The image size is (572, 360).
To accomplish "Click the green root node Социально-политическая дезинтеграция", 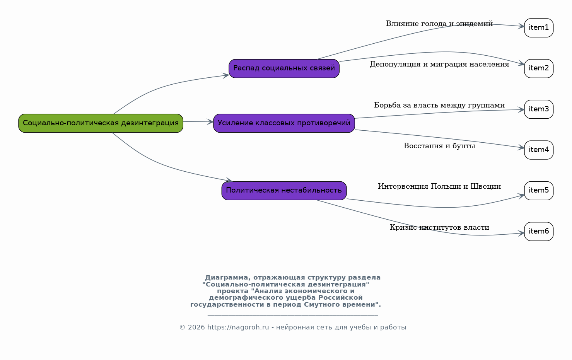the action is [101, 123].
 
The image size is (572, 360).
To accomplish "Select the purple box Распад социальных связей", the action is [284, 68].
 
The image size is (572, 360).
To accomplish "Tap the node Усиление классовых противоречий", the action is [284, 123].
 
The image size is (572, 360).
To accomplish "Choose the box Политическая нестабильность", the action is [284, 191].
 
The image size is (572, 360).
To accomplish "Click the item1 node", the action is [539, 27].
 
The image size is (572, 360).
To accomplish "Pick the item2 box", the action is [539, 68].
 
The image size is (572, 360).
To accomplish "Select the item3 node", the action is [539, 109].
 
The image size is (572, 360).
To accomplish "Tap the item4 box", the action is [539, 150].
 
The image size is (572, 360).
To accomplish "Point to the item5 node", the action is [539, 191].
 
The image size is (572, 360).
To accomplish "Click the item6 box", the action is [539, 231].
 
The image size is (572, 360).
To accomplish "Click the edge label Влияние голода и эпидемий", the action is [439, 24].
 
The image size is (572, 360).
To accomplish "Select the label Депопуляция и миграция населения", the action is [439, 64].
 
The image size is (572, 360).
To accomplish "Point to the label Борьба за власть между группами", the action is [439, 105].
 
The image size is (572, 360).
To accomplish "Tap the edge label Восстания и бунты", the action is [439, 146].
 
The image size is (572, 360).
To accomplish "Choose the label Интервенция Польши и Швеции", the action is [439, 186].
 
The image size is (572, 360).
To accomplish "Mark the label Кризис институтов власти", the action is [439, 227].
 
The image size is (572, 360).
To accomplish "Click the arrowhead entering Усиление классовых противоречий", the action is [210, 122].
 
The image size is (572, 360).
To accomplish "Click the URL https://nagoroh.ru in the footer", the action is [238, 327].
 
